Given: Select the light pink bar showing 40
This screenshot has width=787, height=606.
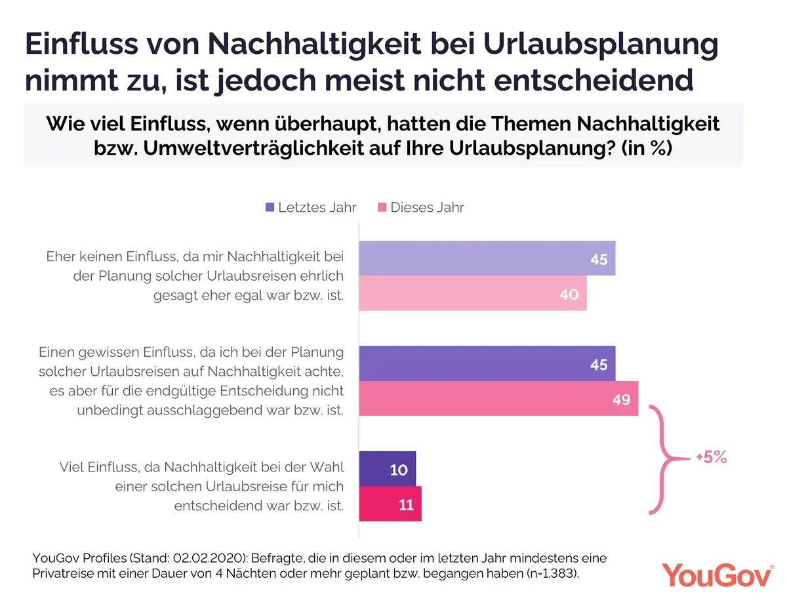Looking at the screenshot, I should pos(473,294).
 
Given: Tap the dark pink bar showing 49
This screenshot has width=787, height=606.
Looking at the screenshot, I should pos(498,399).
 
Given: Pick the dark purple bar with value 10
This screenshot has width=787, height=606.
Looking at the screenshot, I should pos(388,468).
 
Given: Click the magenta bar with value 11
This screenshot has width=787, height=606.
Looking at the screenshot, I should pos(390,504).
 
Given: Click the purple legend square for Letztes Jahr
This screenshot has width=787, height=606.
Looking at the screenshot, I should pos(270,207).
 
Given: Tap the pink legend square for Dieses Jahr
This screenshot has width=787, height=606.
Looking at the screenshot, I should pos(382,207).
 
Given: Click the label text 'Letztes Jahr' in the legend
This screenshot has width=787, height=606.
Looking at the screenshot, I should pos(317,207).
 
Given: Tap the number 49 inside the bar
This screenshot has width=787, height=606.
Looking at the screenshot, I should pos(621,399).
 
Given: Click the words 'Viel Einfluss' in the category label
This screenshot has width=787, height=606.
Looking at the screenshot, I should pos(96,468).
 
